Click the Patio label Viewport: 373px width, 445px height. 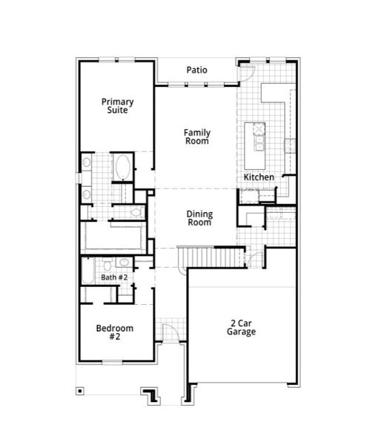[x=197, y=70]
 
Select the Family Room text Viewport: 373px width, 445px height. [x=197, y=136]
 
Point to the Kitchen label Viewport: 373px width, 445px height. [x=260, y=178]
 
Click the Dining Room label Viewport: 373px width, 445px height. [x=199, y=217]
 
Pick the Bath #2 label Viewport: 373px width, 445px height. [x=115, y=277]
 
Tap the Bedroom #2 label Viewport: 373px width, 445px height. [x=115, y=332]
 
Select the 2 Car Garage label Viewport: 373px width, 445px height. [x=242, y=328]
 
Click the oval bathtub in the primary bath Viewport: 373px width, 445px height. [x=122, y=166]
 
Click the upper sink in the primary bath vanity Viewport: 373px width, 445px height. [x=87, y=162]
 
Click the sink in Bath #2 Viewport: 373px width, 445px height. [x=123, y=263]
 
